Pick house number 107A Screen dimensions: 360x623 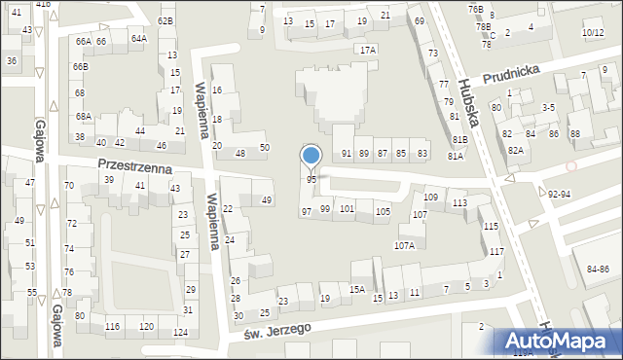[x=404, y=245]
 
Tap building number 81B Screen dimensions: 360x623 [x=458, y=140]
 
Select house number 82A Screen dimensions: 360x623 [x=516, y=150]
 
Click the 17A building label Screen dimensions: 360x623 [x=367, y=50]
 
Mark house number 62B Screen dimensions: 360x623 [x=165, y=20]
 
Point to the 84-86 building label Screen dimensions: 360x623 [x=591, y=269]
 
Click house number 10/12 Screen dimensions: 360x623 [x=592, y=33]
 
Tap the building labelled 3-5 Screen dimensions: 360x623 [x=548, y=107]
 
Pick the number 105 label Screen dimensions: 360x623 [x=384, y=212]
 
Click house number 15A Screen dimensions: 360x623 [x=357, y=289]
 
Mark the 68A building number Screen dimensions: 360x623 [x=84, y=116]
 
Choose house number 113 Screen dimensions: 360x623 [x=459, y=202]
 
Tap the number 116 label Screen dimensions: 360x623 [x=112, y=326]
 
